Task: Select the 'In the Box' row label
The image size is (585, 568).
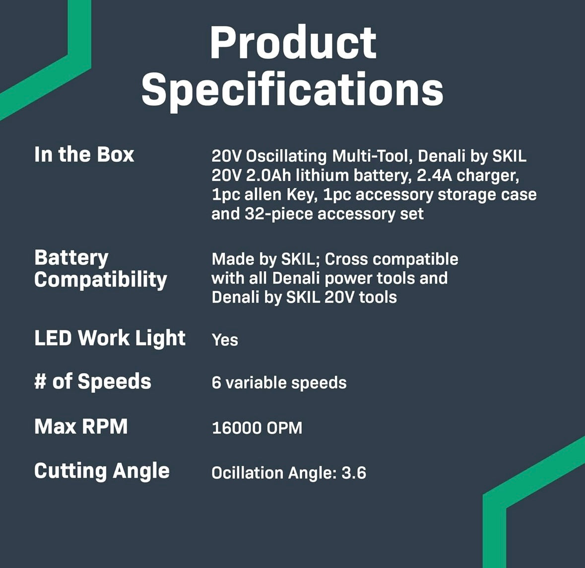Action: pyautogui.click(x=84, y=155)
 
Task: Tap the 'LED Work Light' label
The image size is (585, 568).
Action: pyautogui.click(x=110, y=338)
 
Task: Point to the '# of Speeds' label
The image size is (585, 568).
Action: pyautogui.click(x=92, y=382)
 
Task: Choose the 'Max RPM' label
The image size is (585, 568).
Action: pyautogui.click(x=81, y=426)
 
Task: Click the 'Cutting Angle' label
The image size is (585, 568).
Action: pyautogui.click(x=102, y=471)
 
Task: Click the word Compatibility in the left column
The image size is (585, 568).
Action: pyautogui.click(x=101, y=280)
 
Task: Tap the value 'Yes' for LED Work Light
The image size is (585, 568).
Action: pyautogui.click(x=225, y=340)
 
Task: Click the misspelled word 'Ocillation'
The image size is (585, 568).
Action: pyautogui.click(x=248, y=473)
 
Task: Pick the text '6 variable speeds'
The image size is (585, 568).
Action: pyautogui.click(x=279, y=383)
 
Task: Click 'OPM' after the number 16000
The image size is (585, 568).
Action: pyautogui.click(x=284, y=428)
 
